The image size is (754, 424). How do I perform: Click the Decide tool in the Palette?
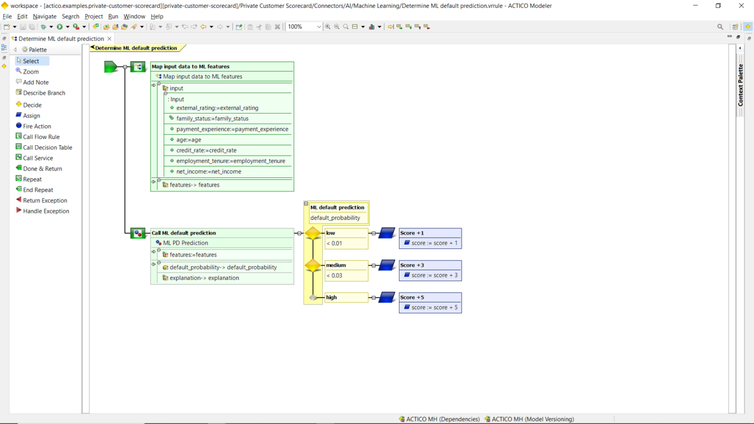pyautogui.click(x=32, y=105)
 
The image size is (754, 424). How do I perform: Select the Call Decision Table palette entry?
pyautogui.click(x=47, y=148)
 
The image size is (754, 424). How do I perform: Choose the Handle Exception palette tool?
pyautogui.click(x=46, y=211)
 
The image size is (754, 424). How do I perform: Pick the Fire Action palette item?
pyautogui.click(x=36, y=126)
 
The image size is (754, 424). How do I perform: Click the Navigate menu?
pyautogui.click(x=44, y=16)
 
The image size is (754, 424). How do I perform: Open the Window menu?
pyautogui.click(x=134, y=16)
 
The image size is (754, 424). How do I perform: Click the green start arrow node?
pyautogui.click(x=111, y=67)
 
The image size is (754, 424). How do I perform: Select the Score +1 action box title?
pyautogui.click(x=412, y=233)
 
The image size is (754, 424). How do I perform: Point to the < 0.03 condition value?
pyautogui.click(x=334, y=276)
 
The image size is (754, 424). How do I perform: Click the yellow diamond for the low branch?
pyautogui.click(x=313, y=233)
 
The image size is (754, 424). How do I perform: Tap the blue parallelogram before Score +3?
pyautogui.click(x=387, y=265)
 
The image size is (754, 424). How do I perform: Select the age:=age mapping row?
pyautogui.click(x=188, y=140)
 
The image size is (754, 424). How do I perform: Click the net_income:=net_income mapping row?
pyautogui.click(x=209, y=172)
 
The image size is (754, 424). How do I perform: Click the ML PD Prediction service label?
pyautogui.click(x=185, y=243)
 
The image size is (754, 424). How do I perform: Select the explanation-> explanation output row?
pyautogui.click(x=204, y=278)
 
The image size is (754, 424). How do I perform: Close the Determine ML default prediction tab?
pyautogui.click(x=109, y=39)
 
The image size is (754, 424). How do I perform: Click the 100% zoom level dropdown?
pyautogui.click(x=305, y=27)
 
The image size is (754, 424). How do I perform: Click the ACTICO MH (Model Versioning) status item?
pyautogui.click(x=532, y=419)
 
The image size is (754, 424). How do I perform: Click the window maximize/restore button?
pyautogui.click(x=718, y=6)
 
